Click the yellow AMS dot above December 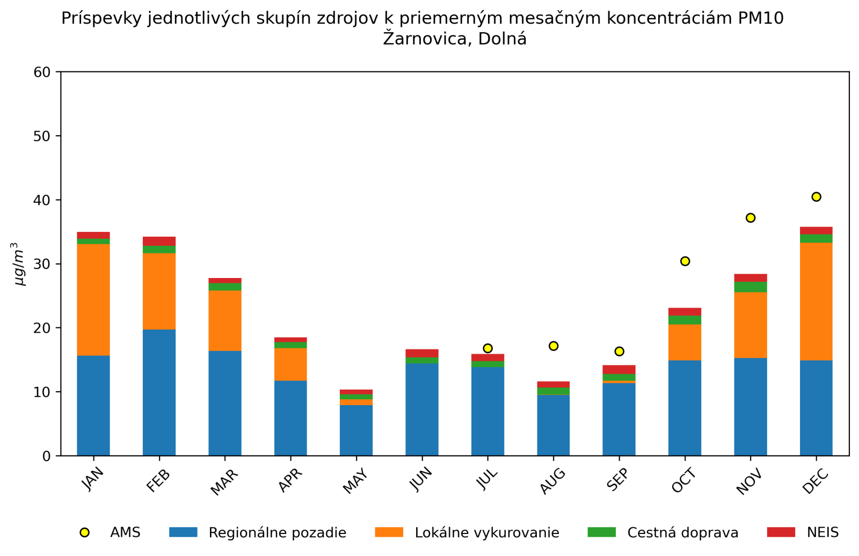coord(816,197)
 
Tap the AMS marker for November coord(751,218)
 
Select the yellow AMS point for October coord(685,261)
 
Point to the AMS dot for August coord(554,346)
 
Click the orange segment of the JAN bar coord(93,299)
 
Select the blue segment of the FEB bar coord(159,392)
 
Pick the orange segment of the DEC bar coord(816,301)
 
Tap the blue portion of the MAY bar coord(356,430)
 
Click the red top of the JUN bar coord(422,353)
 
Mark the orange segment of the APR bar coord(290,364)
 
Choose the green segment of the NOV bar coord(751,287)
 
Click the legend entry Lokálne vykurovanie coord(486,533)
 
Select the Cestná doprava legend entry coord(682,533)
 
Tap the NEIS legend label coord(822,532)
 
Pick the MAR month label coord(224,481)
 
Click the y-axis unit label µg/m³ coord(18,264)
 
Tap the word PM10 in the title coord(761,18)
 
